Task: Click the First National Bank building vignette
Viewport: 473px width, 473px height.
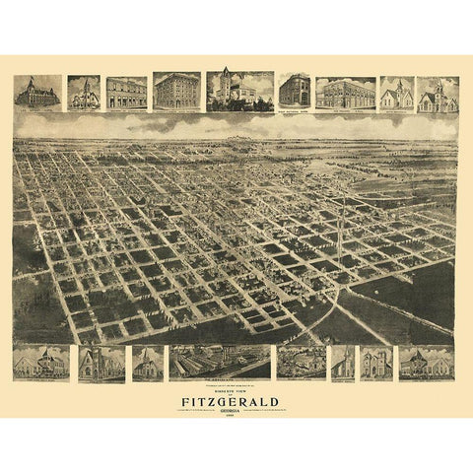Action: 294,91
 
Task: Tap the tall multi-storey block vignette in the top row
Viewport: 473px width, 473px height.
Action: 176,92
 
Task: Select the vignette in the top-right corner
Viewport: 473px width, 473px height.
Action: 438,94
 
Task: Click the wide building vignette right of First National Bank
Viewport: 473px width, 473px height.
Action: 345,92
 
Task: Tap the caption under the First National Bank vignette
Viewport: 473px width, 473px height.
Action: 294,111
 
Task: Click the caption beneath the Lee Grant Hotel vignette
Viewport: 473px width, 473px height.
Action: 37,111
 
